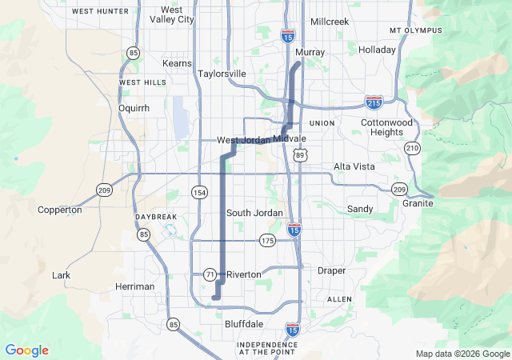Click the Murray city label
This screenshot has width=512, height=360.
(x=310, y=52)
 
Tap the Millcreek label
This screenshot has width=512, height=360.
(x=330, y=22)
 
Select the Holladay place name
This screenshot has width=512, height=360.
(x=378, y=50)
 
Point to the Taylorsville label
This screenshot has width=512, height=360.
(x=222, y=74)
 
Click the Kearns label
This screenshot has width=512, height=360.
(x=177, y=63)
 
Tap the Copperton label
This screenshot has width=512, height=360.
(x=60, y=210)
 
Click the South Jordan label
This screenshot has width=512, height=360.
(x=254, y=213)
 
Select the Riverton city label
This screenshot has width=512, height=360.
(x=244, y=274)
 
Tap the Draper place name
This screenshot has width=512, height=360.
(x=331, y=271)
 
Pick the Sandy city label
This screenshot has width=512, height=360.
(x=360, y=209)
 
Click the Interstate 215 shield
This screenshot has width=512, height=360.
(x=374, y=102)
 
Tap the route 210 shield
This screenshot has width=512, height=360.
(x=412, y=148)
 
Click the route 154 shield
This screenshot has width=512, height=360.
(x=198, y=193)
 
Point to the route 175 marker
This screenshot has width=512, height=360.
(x=267, y=240)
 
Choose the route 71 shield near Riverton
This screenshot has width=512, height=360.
(x=210, y=274)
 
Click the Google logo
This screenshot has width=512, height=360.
(x=26, y=350)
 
